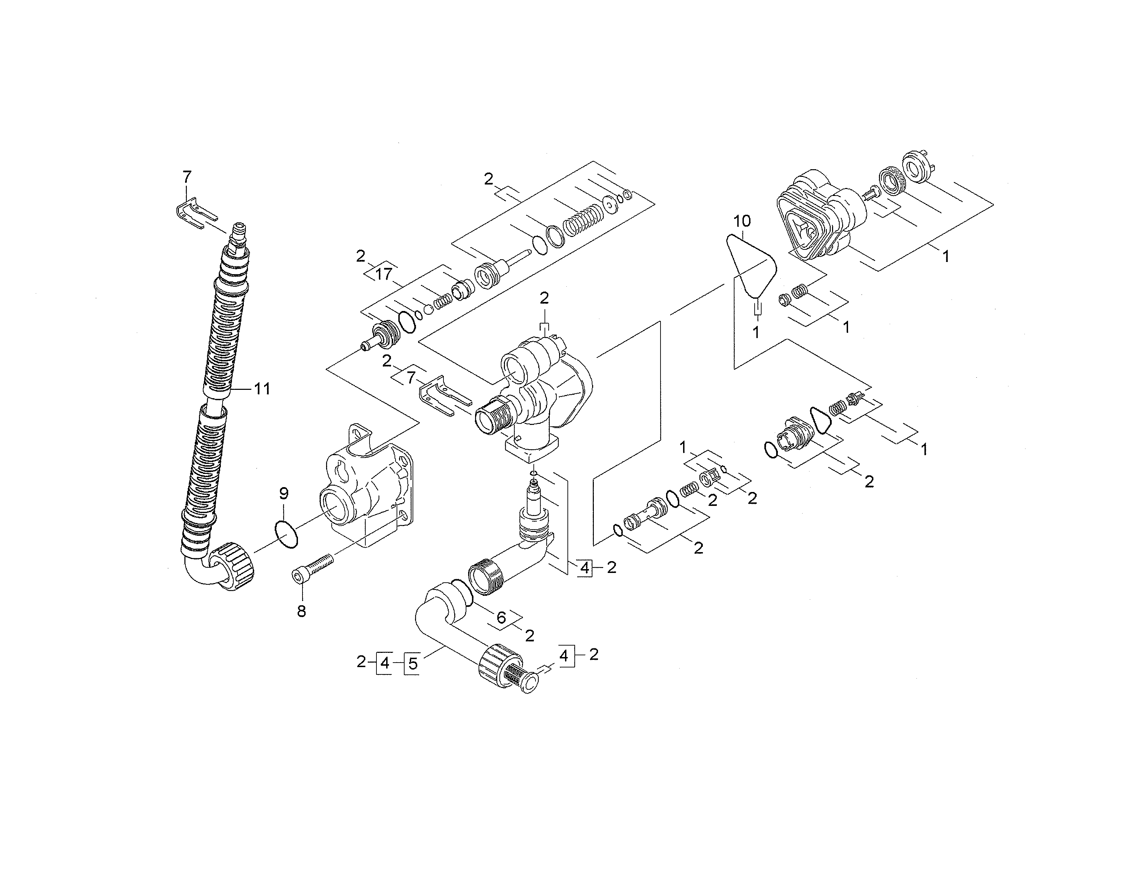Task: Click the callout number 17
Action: click(x=384, y=274)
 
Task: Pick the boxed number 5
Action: click(x=413, y=663)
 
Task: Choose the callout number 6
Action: click(x=501, y=618)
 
